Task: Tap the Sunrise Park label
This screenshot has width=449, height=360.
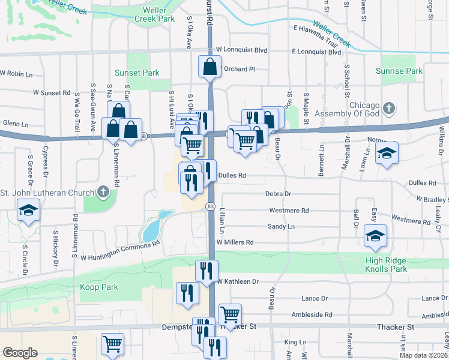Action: (x=399, y=71)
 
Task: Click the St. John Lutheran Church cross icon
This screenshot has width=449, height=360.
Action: (x=103, y=192)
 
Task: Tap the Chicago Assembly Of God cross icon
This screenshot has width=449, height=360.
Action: (x=390, y=109)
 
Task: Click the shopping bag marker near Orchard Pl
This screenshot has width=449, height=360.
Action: (x=210, y=67)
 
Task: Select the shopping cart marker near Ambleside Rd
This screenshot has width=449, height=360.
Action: (x=231, y=313)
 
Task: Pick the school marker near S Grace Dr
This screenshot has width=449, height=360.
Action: (x=28, y=211)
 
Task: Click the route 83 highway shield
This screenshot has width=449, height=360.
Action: (x=209, y=206)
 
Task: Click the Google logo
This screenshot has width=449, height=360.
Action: (x=20, y=353)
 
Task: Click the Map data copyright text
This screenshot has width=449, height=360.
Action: (x=423, y=355)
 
